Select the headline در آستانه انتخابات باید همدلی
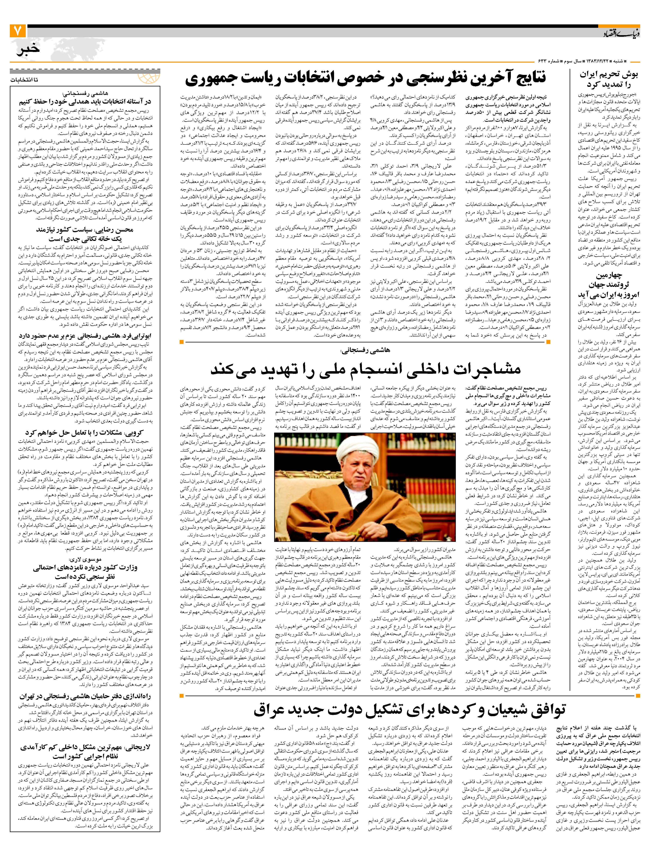tap(85, 102)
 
